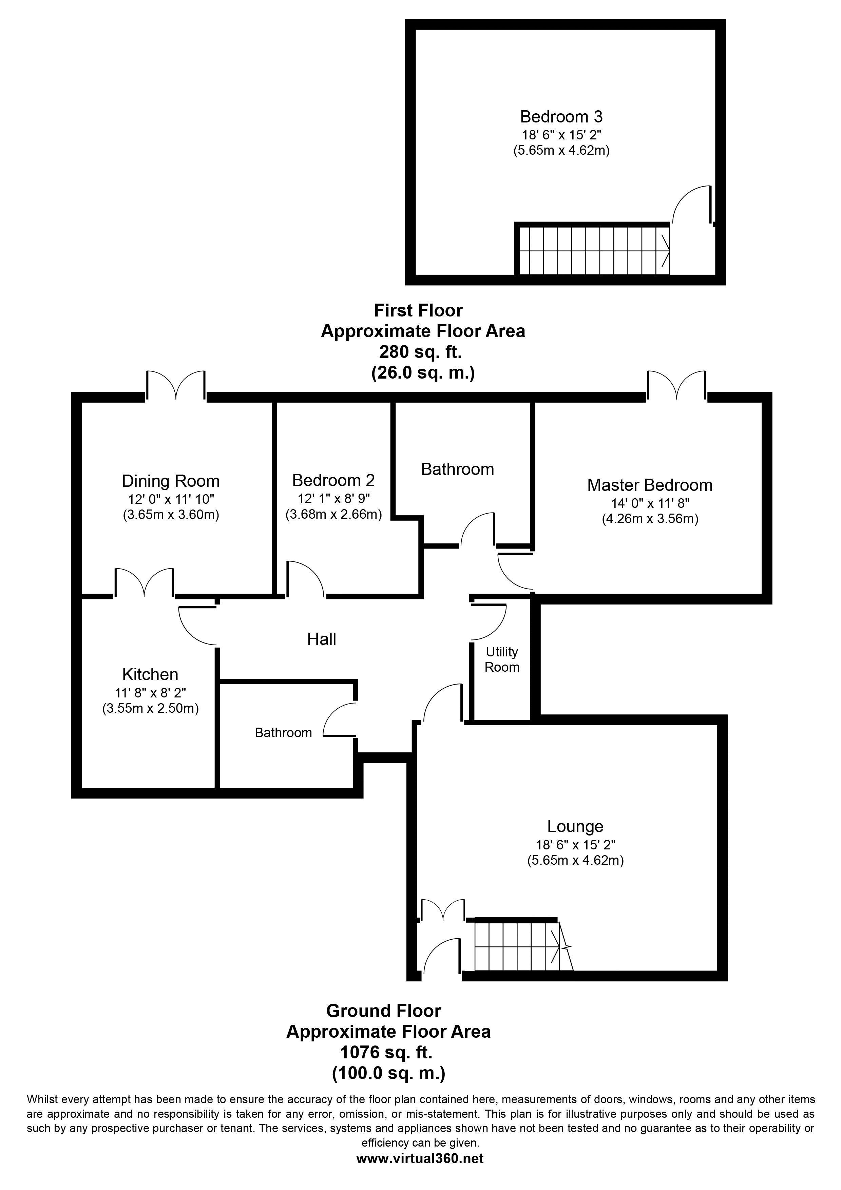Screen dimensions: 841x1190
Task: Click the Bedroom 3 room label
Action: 561,117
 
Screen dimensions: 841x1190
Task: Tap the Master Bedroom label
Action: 649,485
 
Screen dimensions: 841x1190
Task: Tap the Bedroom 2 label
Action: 333,480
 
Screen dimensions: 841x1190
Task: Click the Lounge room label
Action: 575,826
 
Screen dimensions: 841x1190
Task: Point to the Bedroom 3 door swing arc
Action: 691,204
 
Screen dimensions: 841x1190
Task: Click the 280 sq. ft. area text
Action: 420,352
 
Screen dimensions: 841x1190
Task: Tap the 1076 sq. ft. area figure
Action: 386,1052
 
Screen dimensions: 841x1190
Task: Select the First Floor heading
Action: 418,310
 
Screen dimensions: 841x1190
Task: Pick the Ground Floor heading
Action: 383,1011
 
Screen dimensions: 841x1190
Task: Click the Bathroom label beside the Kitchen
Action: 283,732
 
